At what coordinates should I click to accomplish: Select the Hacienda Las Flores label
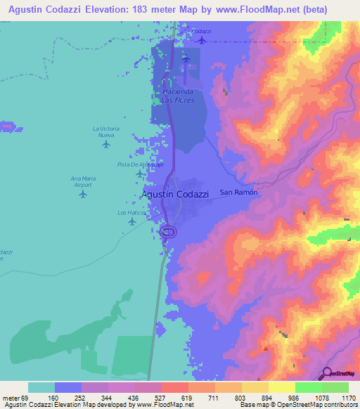(177, 96)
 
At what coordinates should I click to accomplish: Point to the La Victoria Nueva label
(106, 132)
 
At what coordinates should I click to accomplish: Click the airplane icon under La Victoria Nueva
(106, 145)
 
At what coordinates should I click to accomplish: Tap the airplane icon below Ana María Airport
(83, 195)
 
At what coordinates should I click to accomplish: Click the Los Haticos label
(131, 212)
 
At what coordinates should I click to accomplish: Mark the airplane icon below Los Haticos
(132, 222)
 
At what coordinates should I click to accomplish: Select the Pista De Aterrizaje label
(140, 164)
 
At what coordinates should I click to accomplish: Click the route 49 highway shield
(168, 231)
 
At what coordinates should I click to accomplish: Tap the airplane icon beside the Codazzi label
(202, 39)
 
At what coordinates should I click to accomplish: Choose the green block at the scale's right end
(335, 387)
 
